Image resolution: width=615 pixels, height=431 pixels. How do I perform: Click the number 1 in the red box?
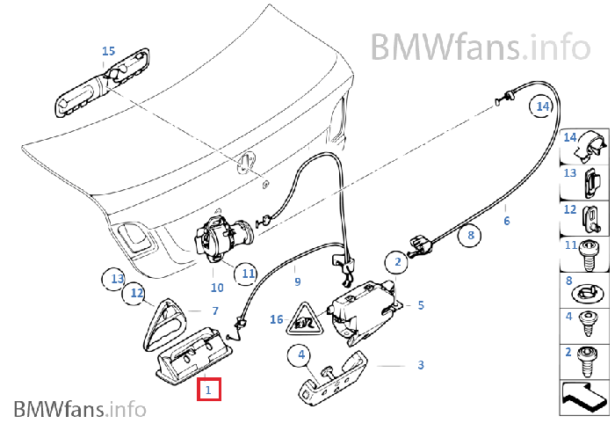point(209,387)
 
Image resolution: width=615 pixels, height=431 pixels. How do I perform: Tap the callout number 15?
point(108,52)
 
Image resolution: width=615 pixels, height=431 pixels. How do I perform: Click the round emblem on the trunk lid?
point(246,162)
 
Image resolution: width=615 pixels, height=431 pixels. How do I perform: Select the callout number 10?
point(217,287)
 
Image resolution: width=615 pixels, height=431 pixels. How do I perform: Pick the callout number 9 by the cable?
point(297,281)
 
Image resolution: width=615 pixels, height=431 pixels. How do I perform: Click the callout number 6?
point(506,221)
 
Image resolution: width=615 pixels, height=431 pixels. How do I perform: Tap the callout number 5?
point(421,305)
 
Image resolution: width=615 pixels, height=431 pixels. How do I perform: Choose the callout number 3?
point(421,364)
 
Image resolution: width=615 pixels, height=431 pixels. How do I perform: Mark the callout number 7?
point(213,310)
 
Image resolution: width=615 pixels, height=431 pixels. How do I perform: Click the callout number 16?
point(276,320)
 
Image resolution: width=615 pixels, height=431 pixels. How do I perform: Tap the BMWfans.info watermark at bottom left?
point(79,408)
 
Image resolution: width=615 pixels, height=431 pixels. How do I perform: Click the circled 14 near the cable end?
point(541,106)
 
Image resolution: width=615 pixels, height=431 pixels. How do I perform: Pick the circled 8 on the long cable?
point(470,236)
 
